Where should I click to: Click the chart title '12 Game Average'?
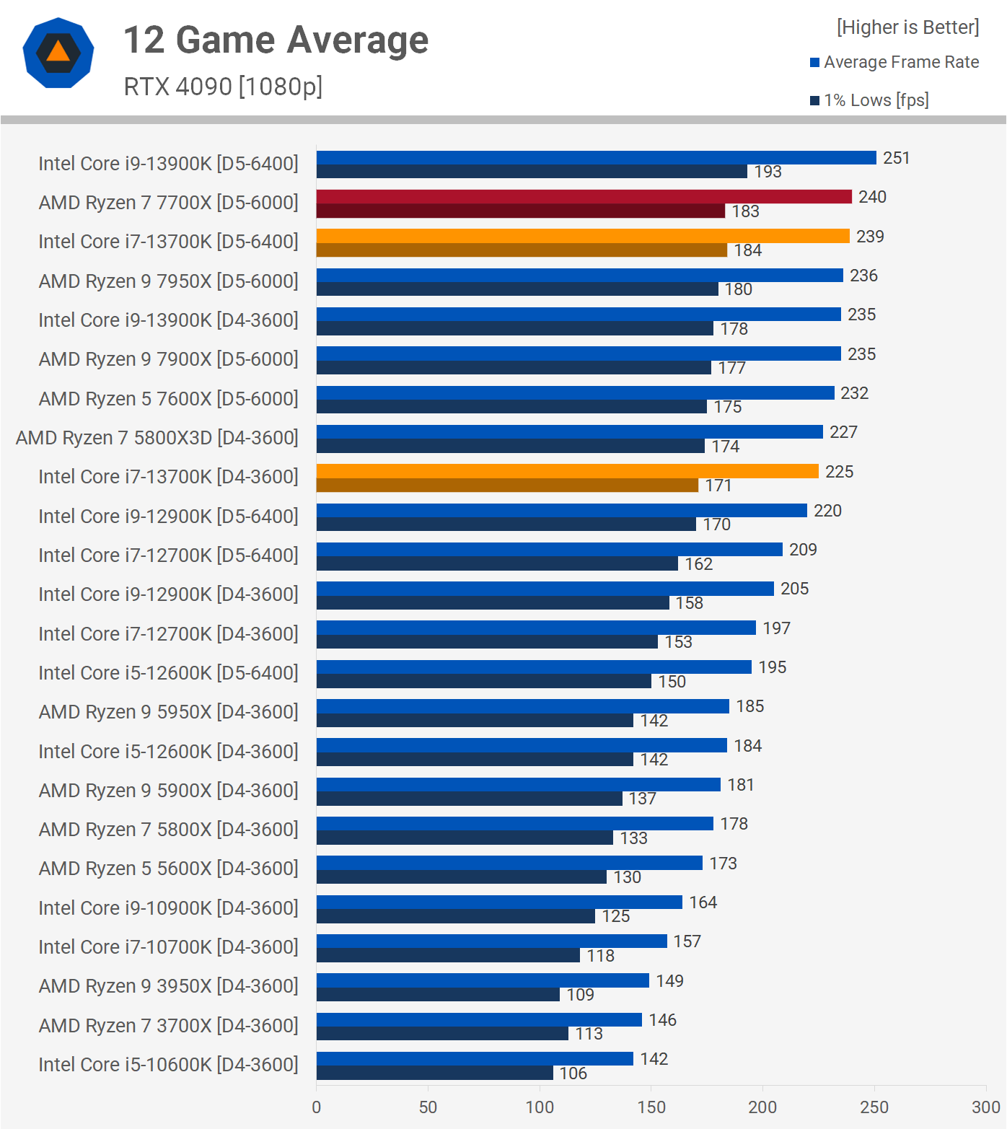[276, 40]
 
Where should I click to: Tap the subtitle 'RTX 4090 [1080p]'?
[223, 87]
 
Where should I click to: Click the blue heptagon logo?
[58, 53]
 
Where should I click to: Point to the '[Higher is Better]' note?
[907, 27]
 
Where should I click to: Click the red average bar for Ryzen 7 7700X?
[584, 197]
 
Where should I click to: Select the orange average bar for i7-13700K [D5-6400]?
[582, 236]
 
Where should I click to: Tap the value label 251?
[896, 158]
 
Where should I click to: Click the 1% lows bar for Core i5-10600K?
[434, 1073]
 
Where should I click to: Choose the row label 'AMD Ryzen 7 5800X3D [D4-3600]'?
[157, 438]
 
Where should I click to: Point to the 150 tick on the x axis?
[651, 1107]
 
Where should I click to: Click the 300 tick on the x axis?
[985, 1107]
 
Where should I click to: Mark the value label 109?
[580, 995]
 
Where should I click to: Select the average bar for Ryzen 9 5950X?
[522, 706]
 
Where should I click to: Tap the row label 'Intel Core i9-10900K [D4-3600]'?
[168, 908]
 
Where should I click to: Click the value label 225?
[839, 472]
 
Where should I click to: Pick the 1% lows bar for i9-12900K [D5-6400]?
[506, 524]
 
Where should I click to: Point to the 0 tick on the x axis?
[317, 1107]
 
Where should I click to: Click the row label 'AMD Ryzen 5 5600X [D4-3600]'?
[168, 869]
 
